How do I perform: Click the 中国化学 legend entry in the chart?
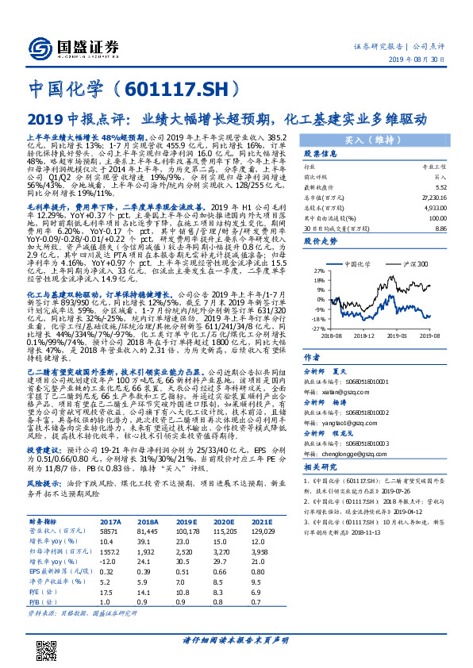pyautogui.click(x=365, y=263)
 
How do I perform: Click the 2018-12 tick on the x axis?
pyautogui.click(x=364, y=335)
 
